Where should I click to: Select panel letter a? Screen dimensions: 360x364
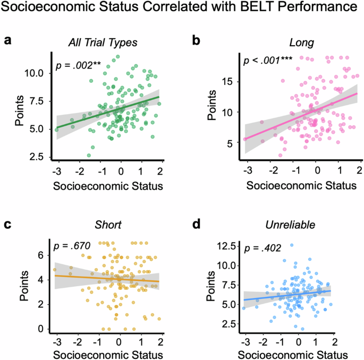tap(8, 40)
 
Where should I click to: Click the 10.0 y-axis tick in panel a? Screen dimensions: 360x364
tap(36, 72)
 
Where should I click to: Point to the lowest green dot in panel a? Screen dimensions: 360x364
tap(89, 155)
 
